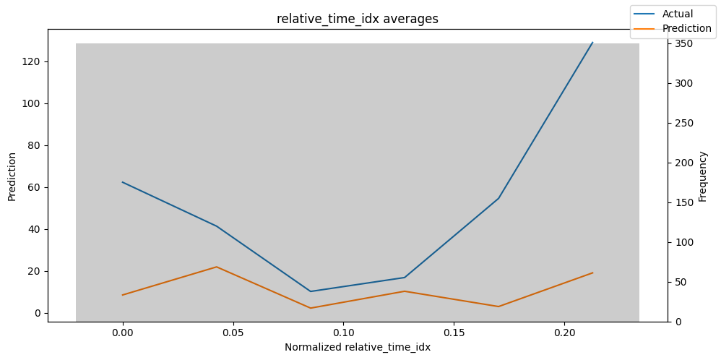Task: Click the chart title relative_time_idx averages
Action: coord(358,19)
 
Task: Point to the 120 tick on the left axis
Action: coord(35,61)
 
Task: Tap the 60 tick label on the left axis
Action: coord(37,187)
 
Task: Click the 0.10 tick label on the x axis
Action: coord(343,333)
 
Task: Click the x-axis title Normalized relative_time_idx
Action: coord(358,348)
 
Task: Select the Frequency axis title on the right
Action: coord(702,176)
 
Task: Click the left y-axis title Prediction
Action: coord(12,176)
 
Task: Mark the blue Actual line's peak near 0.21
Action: coord(593,42)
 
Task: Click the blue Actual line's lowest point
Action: coord(311,291)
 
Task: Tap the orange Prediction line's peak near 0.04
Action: coord(216,267)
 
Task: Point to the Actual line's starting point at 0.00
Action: coord(122,182)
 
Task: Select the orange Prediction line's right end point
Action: coord(593,273)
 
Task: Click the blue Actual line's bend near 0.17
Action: coord(498,198)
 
